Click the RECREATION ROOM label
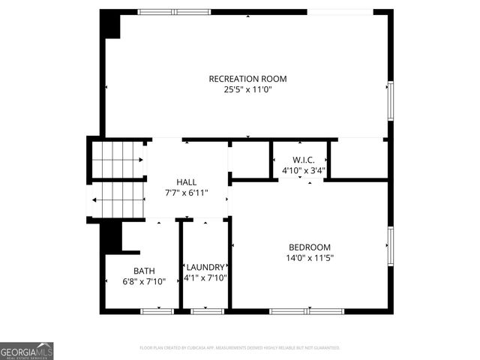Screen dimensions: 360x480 click(x=247, y=79)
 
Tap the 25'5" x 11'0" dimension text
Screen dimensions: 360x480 click(x=247, y=89)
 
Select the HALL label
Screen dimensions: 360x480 click(x=186, y=182)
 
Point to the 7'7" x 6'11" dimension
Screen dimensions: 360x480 click(x=186, y=193)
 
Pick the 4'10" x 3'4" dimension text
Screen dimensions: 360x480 click(x=304, y=170)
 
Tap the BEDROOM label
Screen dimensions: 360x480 click(x=310, y=247)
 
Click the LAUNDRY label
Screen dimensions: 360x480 click(x=205, y=267)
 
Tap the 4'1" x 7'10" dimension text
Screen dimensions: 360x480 click(x=205, y=277)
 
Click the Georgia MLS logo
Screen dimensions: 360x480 click(x=27, y=351)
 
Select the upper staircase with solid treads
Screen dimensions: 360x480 click(x=118, y=160)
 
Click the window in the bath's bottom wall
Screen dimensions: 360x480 click(x=157, y=310)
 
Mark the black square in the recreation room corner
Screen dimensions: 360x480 click(x=112, y=25)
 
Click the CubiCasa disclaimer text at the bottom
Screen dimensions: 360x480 click(x=240, y=348)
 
